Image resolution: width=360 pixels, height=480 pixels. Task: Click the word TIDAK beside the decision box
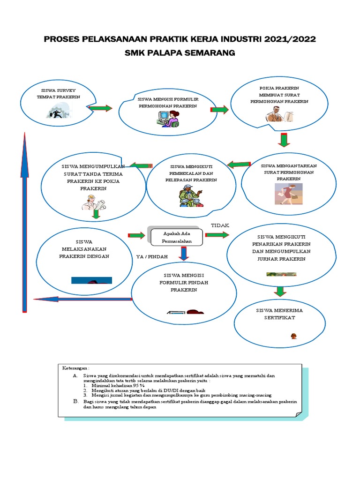click(x=220, y=225)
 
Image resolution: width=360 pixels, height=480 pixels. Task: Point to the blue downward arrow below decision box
click(x=184, y=253)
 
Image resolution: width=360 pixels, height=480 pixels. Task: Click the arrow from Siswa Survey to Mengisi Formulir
click(x=100, y=108)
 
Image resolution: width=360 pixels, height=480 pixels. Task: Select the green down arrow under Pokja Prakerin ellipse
click(x=283, y=140)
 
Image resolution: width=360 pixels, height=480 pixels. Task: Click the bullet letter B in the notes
click(x=75, y=402)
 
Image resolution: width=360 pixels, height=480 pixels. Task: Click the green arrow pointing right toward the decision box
click(x=136, y=234)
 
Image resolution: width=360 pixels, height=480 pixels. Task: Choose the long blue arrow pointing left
click(x=82, y=299)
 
